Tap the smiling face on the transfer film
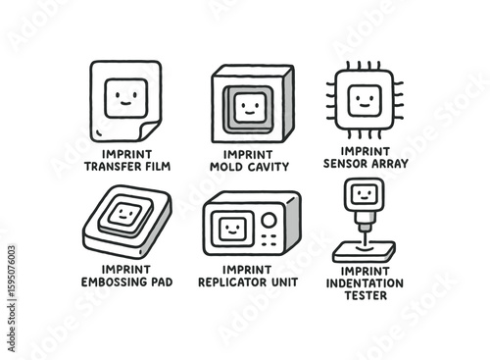click(x=126, y=98)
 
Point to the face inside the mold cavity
click(x=250, y=108)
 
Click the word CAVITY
click(x=269, y=167)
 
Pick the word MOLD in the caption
click(x=226, y=167)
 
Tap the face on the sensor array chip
click(x=365, y=100)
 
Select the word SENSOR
click(x=345, y=163)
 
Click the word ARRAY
click(x=389, y=163)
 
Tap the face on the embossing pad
click(x=125, y=214)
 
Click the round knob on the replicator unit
click(x=269, y=220)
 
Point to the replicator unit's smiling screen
click(x=232, y=229)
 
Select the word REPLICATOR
click(x=232, y=282)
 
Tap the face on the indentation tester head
click(x=365, y=194)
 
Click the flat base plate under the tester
click(x=365, y=252)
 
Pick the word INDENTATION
click(x=365, y=283)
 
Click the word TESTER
click(x=366, y=295)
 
